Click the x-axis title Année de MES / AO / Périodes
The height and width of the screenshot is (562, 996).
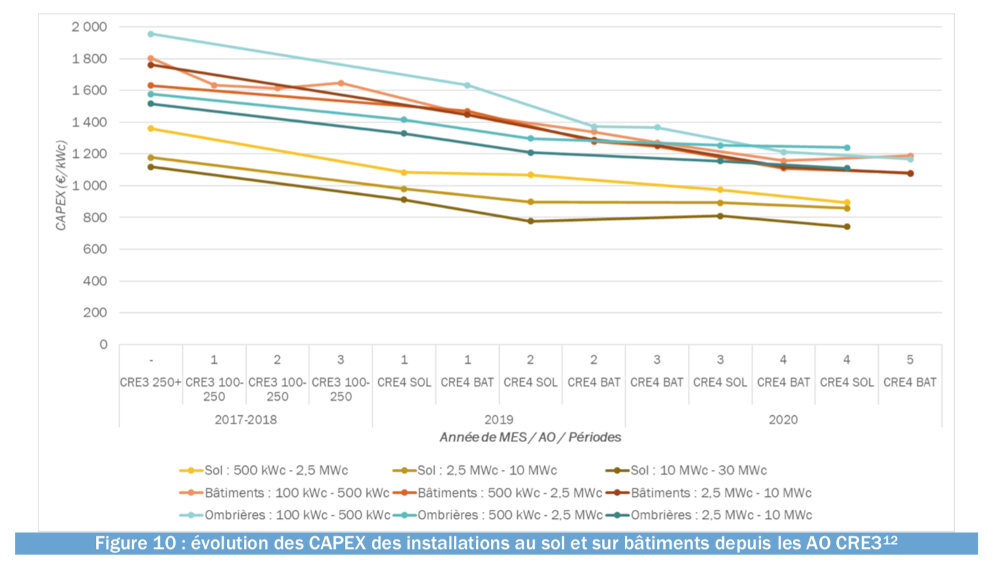(530, 436)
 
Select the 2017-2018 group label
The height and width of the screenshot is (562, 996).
(245, 419)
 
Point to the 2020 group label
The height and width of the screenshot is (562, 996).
(783, 419)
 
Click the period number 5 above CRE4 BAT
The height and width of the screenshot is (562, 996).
(910, 360)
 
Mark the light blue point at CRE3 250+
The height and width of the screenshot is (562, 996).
(151, 34)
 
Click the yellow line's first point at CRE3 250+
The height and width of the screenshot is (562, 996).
(151, 128)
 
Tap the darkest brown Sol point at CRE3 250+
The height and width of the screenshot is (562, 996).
(151, 167)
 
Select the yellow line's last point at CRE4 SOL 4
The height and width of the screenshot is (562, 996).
(846, 202)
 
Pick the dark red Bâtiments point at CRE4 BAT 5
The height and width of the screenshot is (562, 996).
(910, 173)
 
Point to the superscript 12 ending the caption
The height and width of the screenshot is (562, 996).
(891, 540)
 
